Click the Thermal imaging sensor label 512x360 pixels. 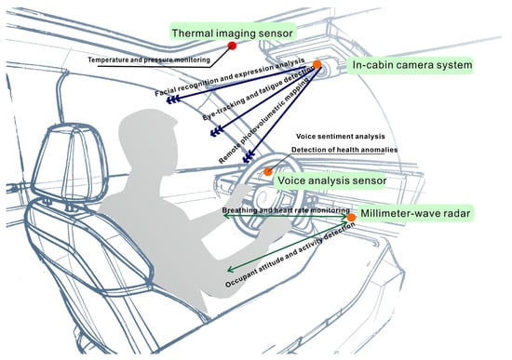click(x=232, y=33)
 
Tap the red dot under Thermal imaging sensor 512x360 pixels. click(x=232, y=46)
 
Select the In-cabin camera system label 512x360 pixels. click(x=412, y=65)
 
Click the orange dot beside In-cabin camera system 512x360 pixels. click(x=317, y=64)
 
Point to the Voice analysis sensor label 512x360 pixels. click(x=331, y=180)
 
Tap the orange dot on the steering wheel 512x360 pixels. click(x=268, y=171)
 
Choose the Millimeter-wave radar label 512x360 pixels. click(x=415, y=213)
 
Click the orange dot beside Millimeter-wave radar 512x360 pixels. click(x=351, y=218)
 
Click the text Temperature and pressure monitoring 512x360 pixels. click(x=149, y=60)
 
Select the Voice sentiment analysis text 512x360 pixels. click(x=340, y=136)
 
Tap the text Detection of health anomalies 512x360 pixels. click(x=344, y=150)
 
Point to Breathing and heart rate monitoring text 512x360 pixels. click(x=286, y=210)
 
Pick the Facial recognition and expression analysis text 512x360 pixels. click(x=230, y=77)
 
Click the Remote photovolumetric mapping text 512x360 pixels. click(x=263, y=122)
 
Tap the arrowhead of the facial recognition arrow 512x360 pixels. click(x=173, y=100)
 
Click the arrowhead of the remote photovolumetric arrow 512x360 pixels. click(x=249, y=156)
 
